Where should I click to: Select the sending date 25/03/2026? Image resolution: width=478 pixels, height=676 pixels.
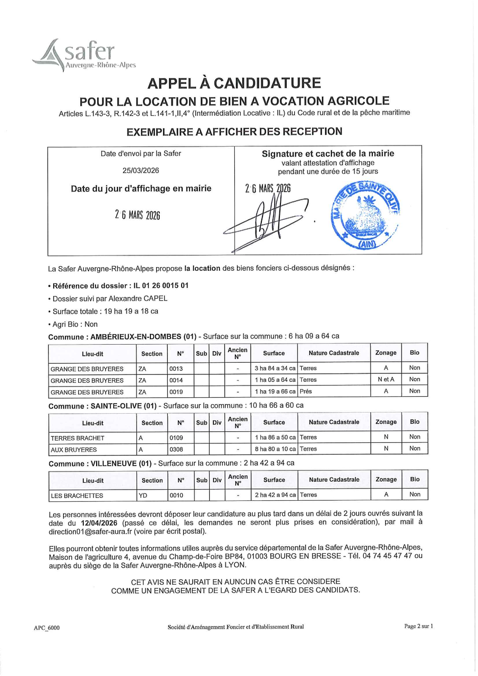[141, 170]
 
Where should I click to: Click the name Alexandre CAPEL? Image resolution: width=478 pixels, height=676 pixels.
[140, 298]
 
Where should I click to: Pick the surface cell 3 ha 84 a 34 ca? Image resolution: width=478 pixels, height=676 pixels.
[275, 368]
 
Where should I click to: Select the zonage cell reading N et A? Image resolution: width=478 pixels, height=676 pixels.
[386, 380]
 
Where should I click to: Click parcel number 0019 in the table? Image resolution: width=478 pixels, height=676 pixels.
[176, 392]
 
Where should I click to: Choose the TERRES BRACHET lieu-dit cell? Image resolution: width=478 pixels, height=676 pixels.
[78, 438]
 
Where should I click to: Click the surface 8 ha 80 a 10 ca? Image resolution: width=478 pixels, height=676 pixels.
[275, 449]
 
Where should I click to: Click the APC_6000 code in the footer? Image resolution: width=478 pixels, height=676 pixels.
[47, 628]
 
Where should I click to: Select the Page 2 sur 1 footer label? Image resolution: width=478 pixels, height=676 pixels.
[419, 626]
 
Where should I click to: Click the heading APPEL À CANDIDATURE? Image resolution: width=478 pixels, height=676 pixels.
[234, 83]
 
